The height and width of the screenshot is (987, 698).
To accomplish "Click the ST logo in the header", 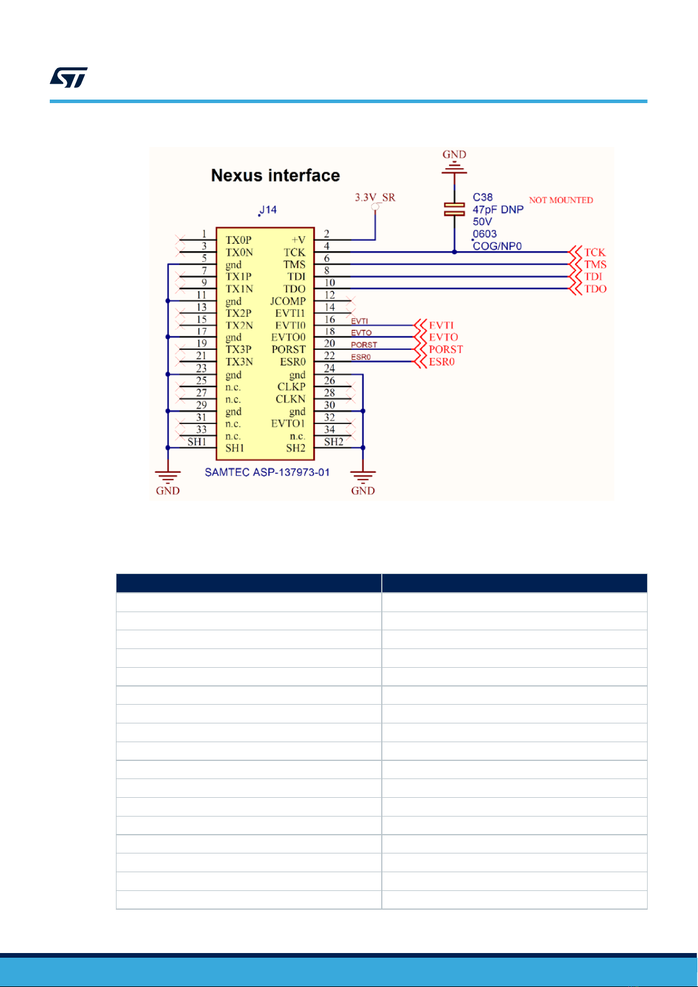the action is click(x=69, y=77).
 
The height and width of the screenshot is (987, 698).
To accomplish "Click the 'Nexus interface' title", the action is click(x=275, y=175).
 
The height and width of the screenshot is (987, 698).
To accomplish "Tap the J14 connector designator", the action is click(x=268, y=210).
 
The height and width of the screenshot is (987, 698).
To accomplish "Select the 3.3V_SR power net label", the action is click(x=375, y=197).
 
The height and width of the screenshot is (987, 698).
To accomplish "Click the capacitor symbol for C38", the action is click(x=454, y=209).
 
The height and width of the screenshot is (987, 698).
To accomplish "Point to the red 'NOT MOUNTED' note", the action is click(x=561, y=200).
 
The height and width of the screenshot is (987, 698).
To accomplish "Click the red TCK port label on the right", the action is click(x=594, y=252).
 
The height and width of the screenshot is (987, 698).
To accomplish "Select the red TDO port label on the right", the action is click(x=596, y=289).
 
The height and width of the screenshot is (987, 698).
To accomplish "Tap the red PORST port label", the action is click(x=446, y=350).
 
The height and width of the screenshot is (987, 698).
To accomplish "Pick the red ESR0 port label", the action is click(x=442, y=362).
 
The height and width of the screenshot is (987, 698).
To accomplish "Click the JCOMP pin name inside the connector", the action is click(x=288, y=302).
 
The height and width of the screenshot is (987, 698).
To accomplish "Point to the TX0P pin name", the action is click(x=239, y=240).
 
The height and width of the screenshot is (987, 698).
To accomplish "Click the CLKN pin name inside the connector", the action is click(x=290, y=399).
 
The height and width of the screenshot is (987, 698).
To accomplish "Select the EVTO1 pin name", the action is click(x=288, y=424).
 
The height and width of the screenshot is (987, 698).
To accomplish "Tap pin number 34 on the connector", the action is click(x=330, y=429).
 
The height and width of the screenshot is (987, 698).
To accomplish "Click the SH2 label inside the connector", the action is click(x=296, y=448).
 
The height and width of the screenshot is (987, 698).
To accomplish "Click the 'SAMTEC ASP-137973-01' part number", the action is click(x=267, y=472).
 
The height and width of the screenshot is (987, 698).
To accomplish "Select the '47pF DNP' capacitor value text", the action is click(x=498, y=210).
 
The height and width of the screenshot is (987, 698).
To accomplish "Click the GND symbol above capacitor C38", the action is click(x=454, y=163).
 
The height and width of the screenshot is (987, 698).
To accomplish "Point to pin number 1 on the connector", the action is click(x=204, y=234).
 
